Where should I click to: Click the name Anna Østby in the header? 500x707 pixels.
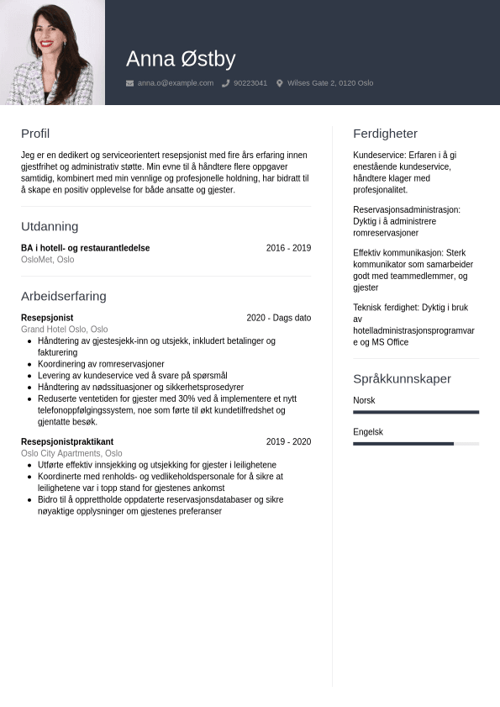[x=181, y=59]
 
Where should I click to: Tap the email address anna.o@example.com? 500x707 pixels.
[x=176, y=83]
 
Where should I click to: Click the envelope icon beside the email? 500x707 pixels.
[x=129, y=83]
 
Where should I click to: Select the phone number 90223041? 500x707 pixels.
[x=250, y=83]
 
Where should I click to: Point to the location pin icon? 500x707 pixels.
[x=280, y=83]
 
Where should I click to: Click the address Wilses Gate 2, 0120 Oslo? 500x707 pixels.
[x=330, y=83]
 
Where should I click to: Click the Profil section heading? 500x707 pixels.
[x=35, y=134]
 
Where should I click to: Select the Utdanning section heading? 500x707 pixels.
[x=50, y=226]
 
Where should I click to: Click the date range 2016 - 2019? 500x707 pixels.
[x=288, y=248]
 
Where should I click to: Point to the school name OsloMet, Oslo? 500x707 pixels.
[x=48, y=260]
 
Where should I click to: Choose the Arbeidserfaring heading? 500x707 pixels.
[x=64, y=296]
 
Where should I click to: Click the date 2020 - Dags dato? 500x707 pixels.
[x=278, y=318]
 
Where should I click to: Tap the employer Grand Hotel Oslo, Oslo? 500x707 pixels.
[x=65, y=330]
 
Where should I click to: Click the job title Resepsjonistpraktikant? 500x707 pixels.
[x=67, y=441]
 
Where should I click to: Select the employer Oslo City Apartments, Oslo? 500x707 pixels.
[x=71, y=453]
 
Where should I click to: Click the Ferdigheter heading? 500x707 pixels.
[x=385, y=134]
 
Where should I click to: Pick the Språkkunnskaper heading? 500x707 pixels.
[x=402, y=378]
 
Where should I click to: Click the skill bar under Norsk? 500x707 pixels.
[x=416, y=412]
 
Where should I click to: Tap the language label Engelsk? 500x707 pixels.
[x=368, y=432]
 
